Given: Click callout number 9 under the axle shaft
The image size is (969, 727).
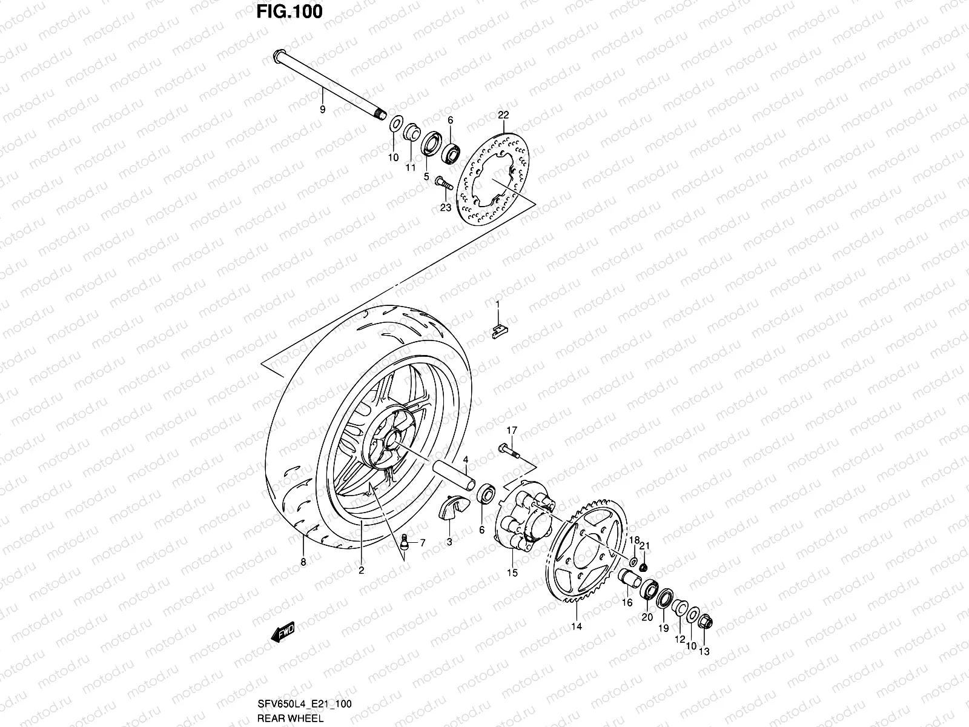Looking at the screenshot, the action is pos(322,110).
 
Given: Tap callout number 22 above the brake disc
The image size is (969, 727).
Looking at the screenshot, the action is pos(503,115).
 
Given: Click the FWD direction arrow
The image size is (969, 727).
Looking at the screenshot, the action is pos(283,634).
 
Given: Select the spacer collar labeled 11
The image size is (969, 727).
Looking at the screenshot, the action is pos(411,133).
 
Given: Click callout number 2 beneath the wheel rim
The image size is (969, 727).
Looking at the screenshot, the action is pos(361,570).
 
